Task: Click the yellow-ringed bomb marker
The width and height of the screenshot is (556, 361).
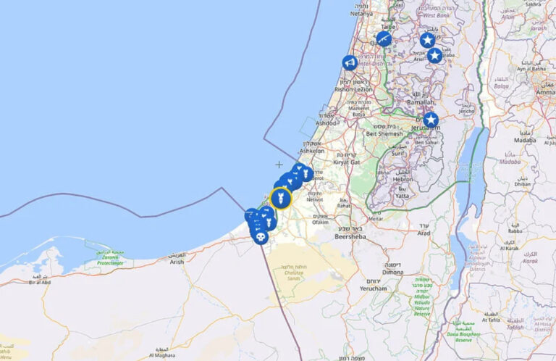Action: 281,198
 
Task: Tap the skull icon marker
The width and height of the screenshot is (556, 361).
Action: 260,236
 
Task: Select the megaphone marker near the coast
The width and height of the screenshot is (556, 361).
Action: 350,63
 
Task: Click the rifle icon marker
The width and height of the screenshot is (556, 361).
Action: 384,38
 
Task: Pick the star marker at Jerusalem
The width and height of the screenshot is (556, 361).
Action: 431,120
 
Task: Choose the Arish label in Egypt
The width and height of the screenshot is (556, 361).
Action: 177,263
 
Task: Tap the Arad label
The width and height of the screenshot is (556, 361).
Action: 424,233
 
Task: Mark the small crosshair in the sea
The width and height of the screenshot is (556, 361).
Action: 279,165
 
